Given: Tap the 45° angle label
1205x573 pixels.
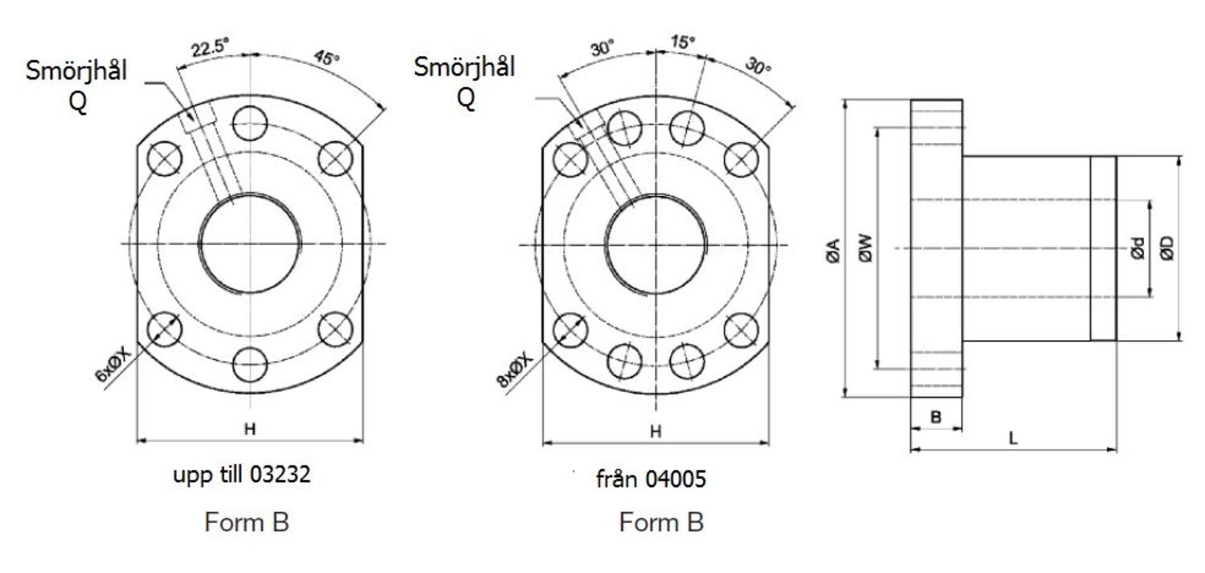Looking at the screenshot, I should (x=325, y=59).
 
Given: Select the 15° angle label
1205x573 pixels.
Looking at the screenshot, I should (x=683, y=42).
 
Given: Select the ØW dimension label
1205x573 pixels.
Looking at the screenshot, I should (x=864, y=250).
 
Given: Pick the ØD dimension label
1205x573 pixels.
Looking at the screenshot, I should (x=1167, y=250).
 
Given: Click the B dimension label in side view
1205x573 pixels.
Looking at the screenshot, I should (x=935, y=417).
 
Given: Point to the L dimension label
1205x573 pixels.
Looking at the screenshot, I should (x=1013, y=439).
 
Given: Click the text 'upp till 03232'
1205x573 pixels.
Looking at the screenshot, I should (x=242, y=475).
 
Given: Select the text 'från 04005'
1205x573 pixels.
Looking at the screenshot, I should (x=651, y=480).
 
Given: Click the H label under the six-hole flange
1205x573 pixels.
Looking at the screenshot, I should (x=250, y=430).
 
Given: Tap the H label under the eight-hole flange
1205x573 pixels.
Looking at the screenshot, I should (x=656, y=432).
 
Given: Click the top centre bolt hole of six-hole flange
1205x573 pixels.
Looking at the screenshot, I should (x=250, y=123).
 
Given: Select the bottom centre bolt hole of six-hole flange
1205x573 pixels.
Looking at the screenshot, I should (x=250, y=365).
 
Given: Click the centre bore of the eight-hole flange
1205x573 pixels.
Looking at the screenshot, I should (x=656, y=244).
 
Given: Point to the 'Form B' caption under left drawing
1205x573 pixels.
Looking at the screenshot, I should (x=247, y=522).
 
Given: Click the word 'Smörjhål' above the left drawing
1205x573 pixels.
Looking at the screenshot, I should (x=76, y=71).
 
